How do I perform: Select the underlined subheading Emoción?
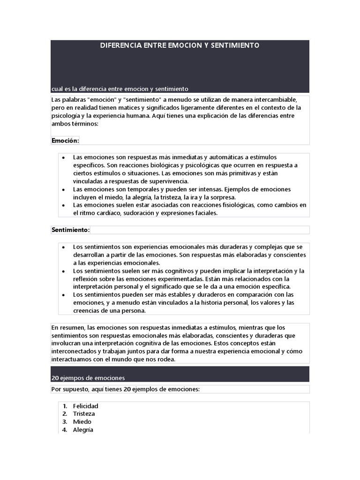(x=65, y=140)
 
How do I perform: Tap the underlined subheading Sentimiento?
(x=70, y=230)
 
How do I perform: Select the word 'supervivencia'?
(x=166, y=181)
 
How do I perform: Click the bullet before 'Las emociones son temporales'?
(x=63, y=189)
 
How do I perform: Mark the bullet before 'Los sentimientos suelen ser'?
(x=63, y=271)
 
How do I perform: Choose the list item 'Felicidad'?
(x=86, y=406)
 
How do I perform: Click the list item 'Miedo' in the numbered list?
(x=82, y=422)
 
